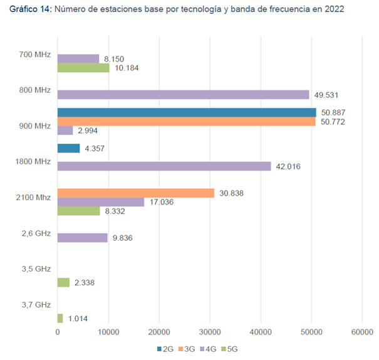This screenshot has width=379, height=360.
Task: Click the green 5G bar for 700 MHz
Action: [83, 68]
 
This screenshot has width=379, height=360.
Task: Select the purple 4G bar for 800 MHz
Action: [183, 95]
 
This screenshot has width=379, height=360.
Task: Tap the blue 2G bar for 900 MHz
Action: [187, 112]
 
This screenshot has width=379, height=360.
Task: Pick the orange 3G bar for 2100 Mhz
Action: [136, 193]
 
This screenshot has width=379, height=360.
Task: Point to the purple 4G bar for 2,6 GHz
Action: [83, 238]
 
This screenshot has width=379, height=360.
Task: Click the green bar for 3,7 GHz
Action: [60, 318]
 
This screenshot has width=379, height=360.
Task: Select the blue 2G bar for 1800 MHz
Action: [68, 148]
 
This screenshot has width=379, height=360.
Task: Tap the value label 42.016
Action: [290, 166]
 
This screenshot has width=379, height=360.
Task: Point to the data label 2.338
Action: [85, 283]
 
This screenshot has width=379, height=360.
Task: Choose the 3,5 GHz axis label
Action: [35, 269]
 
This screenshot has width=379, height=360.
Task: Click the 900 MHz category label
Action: [34, 126]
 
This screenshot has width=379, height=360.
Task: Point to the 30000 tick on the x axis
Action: [210, 332]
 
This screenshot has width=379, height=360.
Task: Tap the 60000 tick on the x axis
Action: [362, 332]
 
